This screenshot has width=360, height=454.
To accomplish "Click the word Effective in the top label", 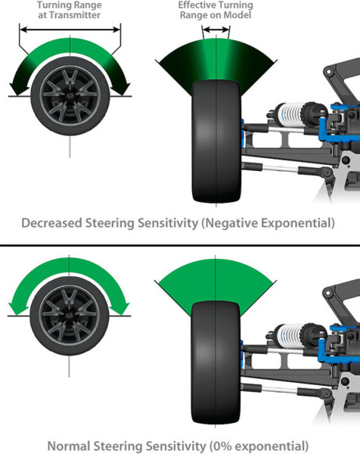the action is tap(196, 5).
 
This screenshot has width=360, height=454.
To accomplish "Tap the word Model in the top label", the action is tap(238, 15).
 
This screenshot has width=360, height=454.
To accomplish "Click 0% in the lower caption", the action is tap(222, 446).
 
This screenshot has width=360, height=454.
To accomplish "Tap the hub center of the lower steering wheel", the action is tap(69, 316).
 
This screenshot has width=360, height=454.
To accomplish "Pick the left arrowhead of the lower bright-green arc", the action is tap(16, 309).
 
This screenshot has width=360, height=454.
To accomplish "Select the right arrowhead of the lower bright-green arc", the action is tap(122, 309).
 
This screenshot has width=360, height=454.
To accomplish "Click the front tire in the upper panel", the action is tap(216, 141).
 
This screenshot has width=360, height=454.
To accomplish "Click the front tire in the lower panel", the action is tap(216, 362).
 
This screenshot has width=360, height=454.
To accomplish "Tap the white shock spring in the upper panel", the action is tap(290, 115).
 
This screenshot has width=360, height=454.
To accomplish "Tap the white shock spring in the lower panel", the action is tap(290, 335).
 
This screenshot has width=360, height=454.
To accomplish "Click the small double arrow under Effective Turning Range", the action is tap(216, 30).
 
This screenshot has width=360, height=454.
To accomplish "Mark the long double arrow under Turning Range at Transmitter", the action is tap(70, 30).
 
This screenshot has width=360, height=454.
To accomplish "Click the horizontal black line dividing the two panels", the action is tap(180, 245).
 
